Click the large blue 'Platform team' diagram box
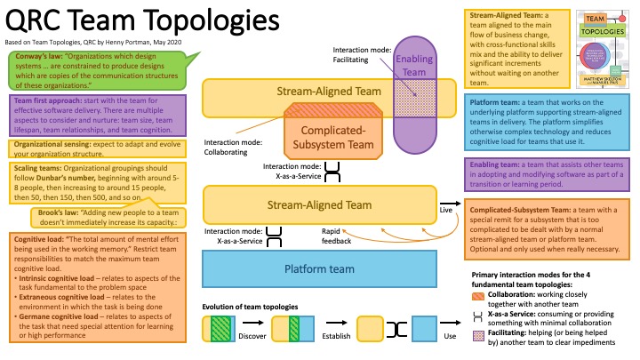click(318, 269)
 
